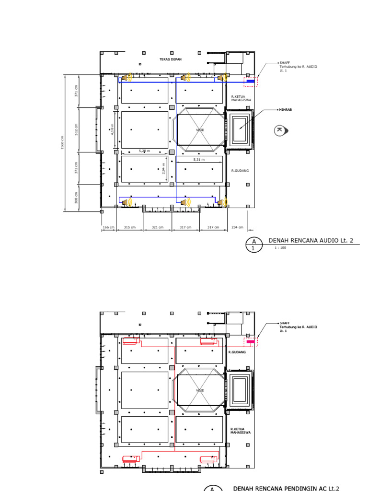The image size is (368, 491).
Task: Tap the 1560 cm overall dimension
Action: click(62, 142)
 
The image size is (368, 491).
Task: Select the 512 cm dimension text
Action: click(76, 129)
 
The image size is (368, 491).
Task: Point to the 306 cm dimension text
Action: click(76, 198)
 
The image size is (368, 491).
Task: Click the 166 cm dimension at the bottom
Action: click(108, 227)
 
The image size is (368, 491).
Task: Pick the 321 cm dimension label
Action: click(158, 227)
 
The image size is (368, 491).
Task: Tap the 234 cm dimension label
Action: click(238, 227)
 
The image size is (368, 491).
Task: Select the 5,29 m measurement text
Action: click(144, 151)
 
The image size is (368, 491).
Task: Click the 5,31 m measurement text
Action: click(199, 159)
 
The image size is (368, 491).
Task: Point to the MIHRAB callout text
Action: click(286, 110)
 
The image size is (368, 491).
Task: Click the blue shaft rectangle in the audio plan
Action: click(250, 81)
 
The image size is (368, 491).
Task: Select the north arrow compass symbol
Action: click(280, 130)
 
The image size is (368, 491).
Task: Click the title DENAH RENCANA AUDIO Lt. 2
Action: click(310, 240)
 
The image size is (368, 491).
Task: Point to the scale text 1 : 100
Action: click(280, 248)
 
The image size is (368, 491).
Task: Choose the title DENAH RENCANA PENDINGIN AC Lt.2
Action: click(286, 488)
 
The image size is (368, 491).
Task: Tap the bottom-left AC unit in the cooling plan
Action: click(131, 458)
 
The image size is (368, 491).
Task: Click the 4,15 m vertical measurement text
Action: click(113, 129)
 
